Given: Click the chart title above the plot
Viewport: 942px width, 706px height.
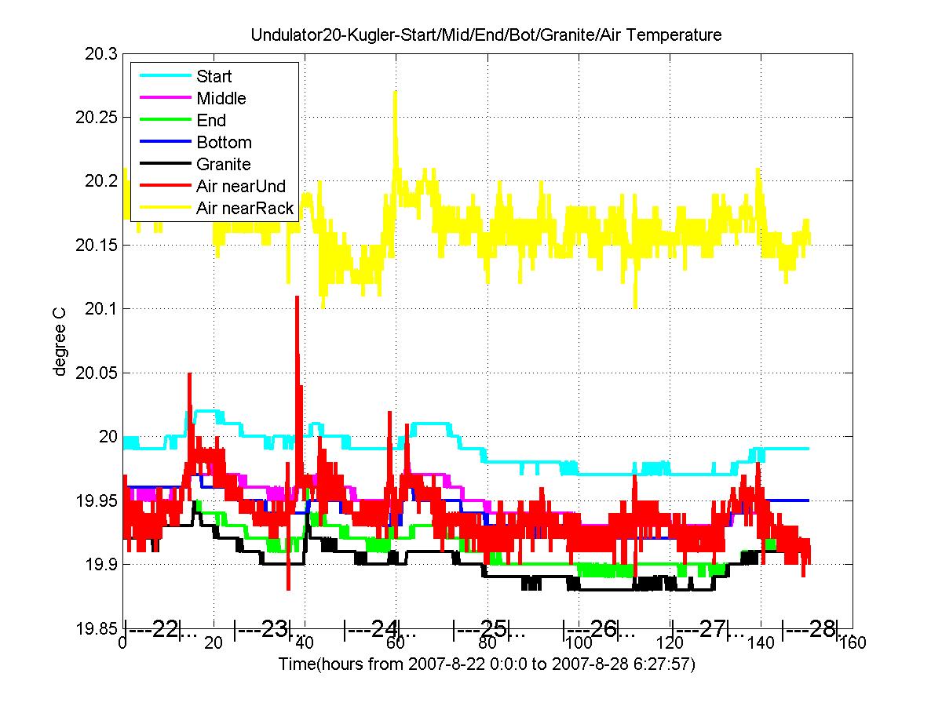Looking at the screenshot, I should [x=486, y=35].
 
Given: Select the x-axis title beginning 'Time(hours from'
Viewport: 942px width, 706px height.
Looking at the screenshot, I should [x=487, y=664].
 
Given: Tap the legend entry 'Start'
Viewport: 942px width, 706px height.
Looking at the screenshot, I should [x=214, y=77].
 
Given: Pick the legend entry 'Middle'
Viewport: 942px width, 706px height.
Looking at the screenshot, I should [x=221, y=99].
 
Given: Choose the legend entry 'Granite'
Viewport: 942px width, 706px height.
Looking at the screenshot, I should [x=224, y=165].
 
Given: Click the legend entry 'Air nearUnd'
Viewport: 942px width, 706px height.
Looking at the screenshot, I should [x=241, y=187].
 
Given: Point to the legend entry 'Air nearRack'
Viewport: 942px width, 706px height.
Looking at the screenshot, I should [x=245, y=209].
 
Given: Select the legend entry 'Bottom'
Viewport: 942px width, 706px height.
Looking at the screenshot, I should [x=224, y=143].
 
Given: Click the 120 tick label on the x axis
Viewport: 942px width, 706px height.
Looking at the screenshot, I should [x=671, y=644].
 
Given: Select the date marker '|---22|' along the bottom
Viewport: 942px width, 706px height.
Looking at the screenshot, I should [x=153, y=629].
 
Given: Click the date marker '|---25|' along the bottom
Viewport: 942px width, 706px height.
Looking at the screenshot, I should [x=482, y=629].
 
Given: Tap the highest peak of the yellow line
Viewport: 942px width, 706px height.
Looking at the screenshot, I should [x=395, y=93].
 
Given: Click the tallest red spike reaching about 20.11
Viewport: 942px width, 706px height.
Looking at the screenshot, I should [x=297, y=297].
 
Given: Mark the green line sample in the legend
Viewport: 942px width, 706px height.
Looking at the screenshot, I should [x=165, y=120].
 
